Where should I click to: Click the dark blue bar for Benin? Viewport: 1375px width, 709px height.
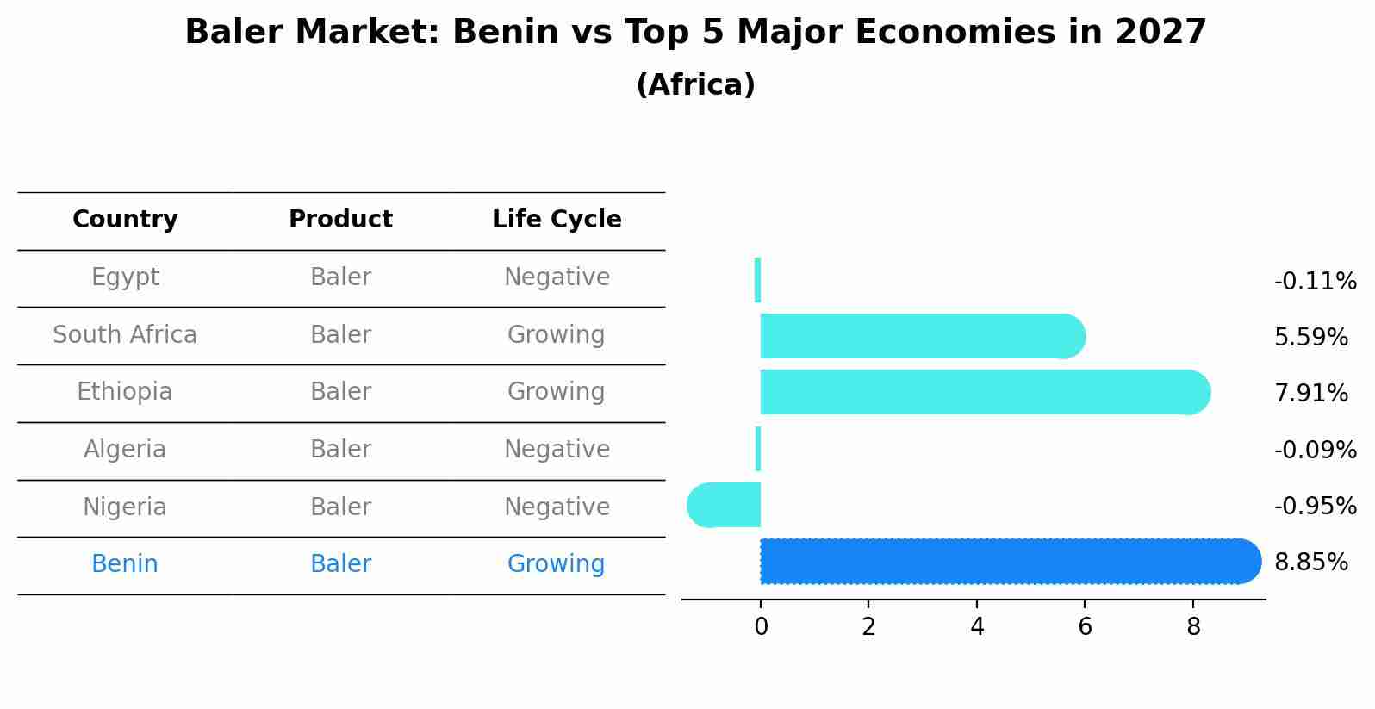point(1008,561)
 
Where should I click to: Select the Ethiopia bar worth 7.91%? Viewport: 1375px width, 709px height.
point(982,392)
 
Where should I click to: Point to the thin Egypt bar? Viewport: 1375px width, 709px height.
point(757,280)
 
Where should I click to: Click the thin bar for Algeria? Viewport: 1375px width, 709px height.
point(758,449)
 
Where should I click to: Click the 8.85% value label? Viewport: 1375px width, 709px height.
point(1310,563)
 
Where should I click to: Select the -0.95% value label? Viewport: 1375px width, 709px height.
point(1315,506)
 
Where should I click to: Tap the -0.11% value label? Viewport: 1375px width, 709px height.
point(1315,282)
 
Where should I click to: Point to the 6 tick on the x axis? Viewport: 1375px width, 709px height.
point(1085,627)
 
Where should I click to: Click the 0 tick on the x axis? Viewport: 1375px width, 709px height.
point(761,627)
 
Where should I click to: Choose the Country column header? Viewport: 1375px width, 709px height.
point(125,220)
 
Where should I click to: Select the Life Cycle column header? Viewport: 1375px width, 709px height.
point(557,220)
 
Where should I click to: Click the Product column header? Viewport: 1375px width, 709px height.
point(340,220)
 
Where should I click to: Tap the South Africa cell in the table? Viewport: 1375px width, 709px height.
point(125,334)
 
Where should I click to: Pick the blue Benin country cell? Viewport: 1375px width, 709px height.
point(125,564)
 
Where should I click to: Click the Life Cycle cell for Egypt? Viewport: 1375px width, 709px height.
point(557,277)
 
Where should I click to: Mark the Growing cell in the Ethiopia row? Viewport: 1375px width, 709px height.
point(556,392)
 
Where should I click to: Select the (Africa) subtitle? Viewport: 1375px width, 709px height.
point(695,85)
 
